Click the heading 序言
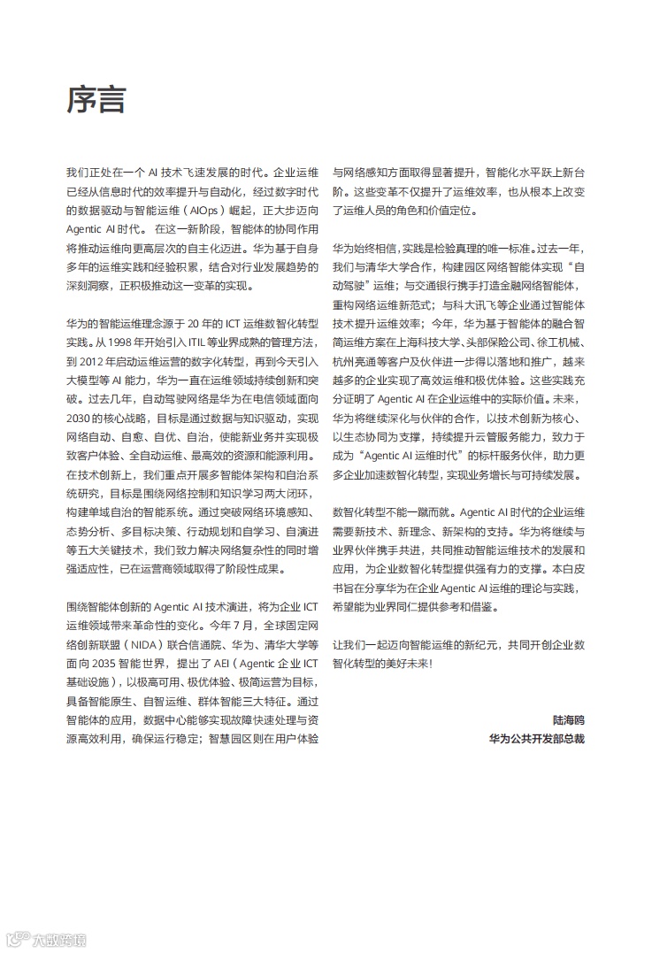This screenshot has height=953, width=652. coord(96,100)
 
